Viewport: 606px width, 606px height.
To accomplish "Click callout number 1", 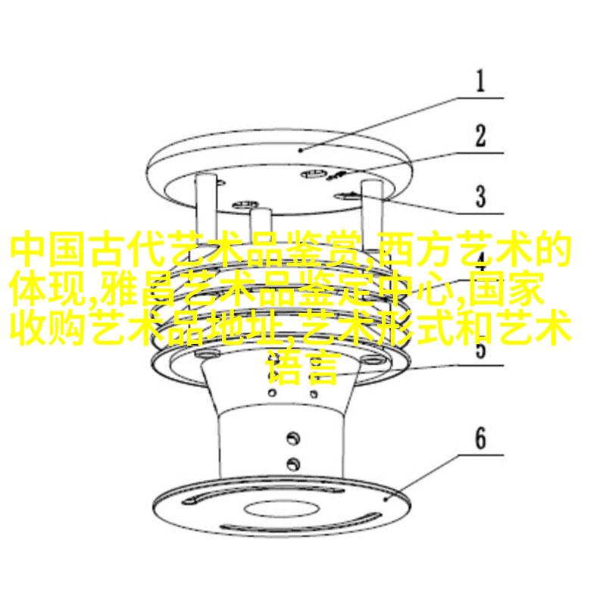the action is [x=480, y=81].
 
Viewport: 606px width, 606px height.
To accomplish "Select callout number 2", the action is [x=480, y=136].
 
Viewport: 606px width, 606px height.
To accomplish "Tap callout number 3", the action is [x=480, y=196].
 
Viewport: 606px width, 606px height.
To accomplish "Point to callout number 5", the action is [x=480, y=348].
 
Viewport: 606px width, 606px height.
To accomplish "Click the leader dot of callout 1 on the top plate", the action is [x=301, y=149].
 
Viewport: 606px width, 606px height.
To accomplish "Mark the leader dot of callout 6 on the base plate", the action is [x=386, y=499].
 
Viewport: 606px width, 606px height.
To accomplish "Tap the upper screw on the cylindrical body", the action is [x=293, y=438].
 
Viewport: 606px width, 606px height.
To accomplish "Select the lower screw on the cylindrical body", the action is [x=293, y=463].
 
